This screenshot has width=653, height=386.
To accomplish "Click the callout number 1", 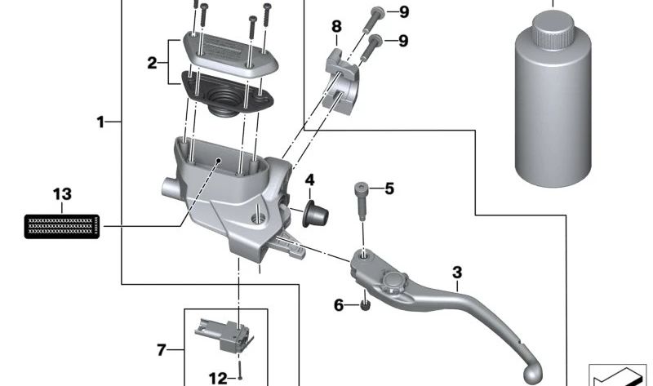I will tap(100, 122).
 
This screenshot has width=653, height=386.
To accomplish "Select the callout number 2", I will tap(151, 61).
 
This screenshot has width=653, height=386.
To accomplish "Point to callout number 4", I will tap(309, 180).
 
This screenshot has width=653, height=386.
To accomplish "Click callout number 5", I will tap(389, 189).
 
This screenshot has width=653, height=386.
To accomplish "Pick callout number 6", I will tap(339, 305).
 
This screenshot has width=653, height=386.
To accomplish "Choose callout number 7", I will tap(161, 350).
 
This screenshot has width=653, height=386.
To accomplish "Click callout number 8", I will tap(335, 27).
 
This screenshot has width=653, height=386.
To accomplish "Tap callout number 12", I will tap(217, 378).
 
